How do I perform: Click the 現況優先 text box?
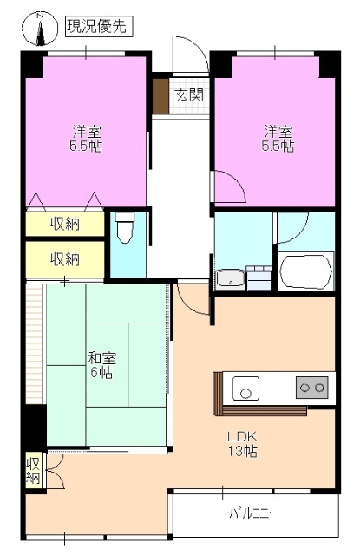point(98,27)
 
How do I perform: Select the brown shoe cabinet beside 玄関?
point(160,96)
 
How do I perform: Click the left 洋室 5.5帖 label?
point(87,139)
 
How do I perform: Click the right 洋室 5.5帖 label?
point(278,139)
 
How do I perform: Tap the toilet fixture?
point(126,230)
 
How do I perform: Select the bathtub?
point(305,271)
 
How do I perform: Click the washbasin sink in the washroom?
point(230,278)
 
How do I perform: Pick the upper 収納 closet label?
point(64,224)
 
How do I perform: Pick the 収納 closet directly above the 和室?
point(64,258)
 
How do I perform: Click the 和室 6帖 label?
point(102,364)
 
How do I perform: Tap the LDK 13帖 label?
point(243,443)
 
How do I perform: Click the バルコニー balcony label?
point(254,513)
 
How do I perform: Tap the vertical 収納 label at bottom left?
point(33,469)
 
